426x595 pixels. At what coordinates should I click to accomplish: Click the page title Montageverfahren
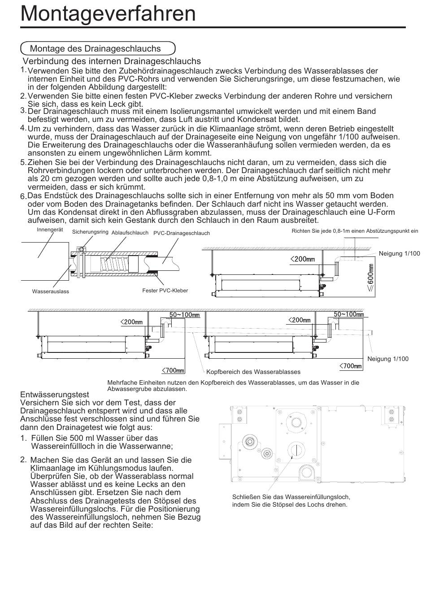tap(108, 14)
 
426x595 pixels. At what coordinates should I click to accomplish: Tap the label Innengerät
tap(50, 230)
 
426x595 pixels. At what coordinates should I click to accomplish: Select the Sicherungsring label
tap(90, 232)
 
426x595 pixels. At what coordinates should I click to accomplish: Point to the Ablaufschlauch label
tap(130, 233)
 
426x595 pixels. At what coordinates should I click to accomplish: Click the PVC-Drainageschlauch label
tap(182, 233)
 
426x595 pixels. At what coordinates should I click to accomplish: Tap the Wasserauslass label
tap(51, 291)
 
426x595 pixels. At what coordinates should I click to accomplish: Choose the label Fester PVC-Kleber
tap(165, 291)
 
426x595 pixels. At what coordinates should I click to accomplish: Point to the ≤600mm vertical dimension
tap(371, 278)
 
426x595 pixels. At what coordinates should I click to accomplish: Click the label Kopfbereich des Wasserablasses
tap(253, 372)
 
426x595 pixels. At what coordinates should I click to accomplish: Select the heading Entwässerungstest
tap(54, 395)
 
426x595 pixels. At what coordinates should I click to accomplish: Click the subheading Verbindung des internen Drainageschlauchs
tap(112, 61)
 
